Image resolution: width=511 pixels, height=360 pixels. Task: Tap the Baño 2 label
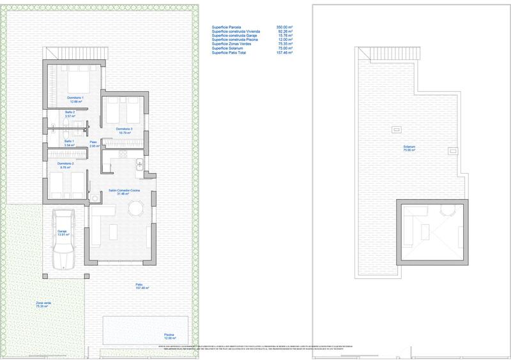point(70,115)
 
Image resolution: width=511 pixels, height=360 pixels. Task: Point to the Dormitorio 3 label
point(124,131)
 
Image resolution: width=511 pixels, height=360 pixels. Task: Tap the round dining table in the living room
point(135,209)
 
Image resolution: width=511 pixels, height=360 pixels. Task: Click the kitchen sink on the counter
point(139,167)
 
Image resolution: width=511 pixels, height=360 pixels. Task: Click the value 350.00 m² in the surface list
point(284,27)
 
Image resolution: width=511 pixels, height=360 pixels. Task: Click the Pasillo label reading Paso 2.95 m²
point(93,145)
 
